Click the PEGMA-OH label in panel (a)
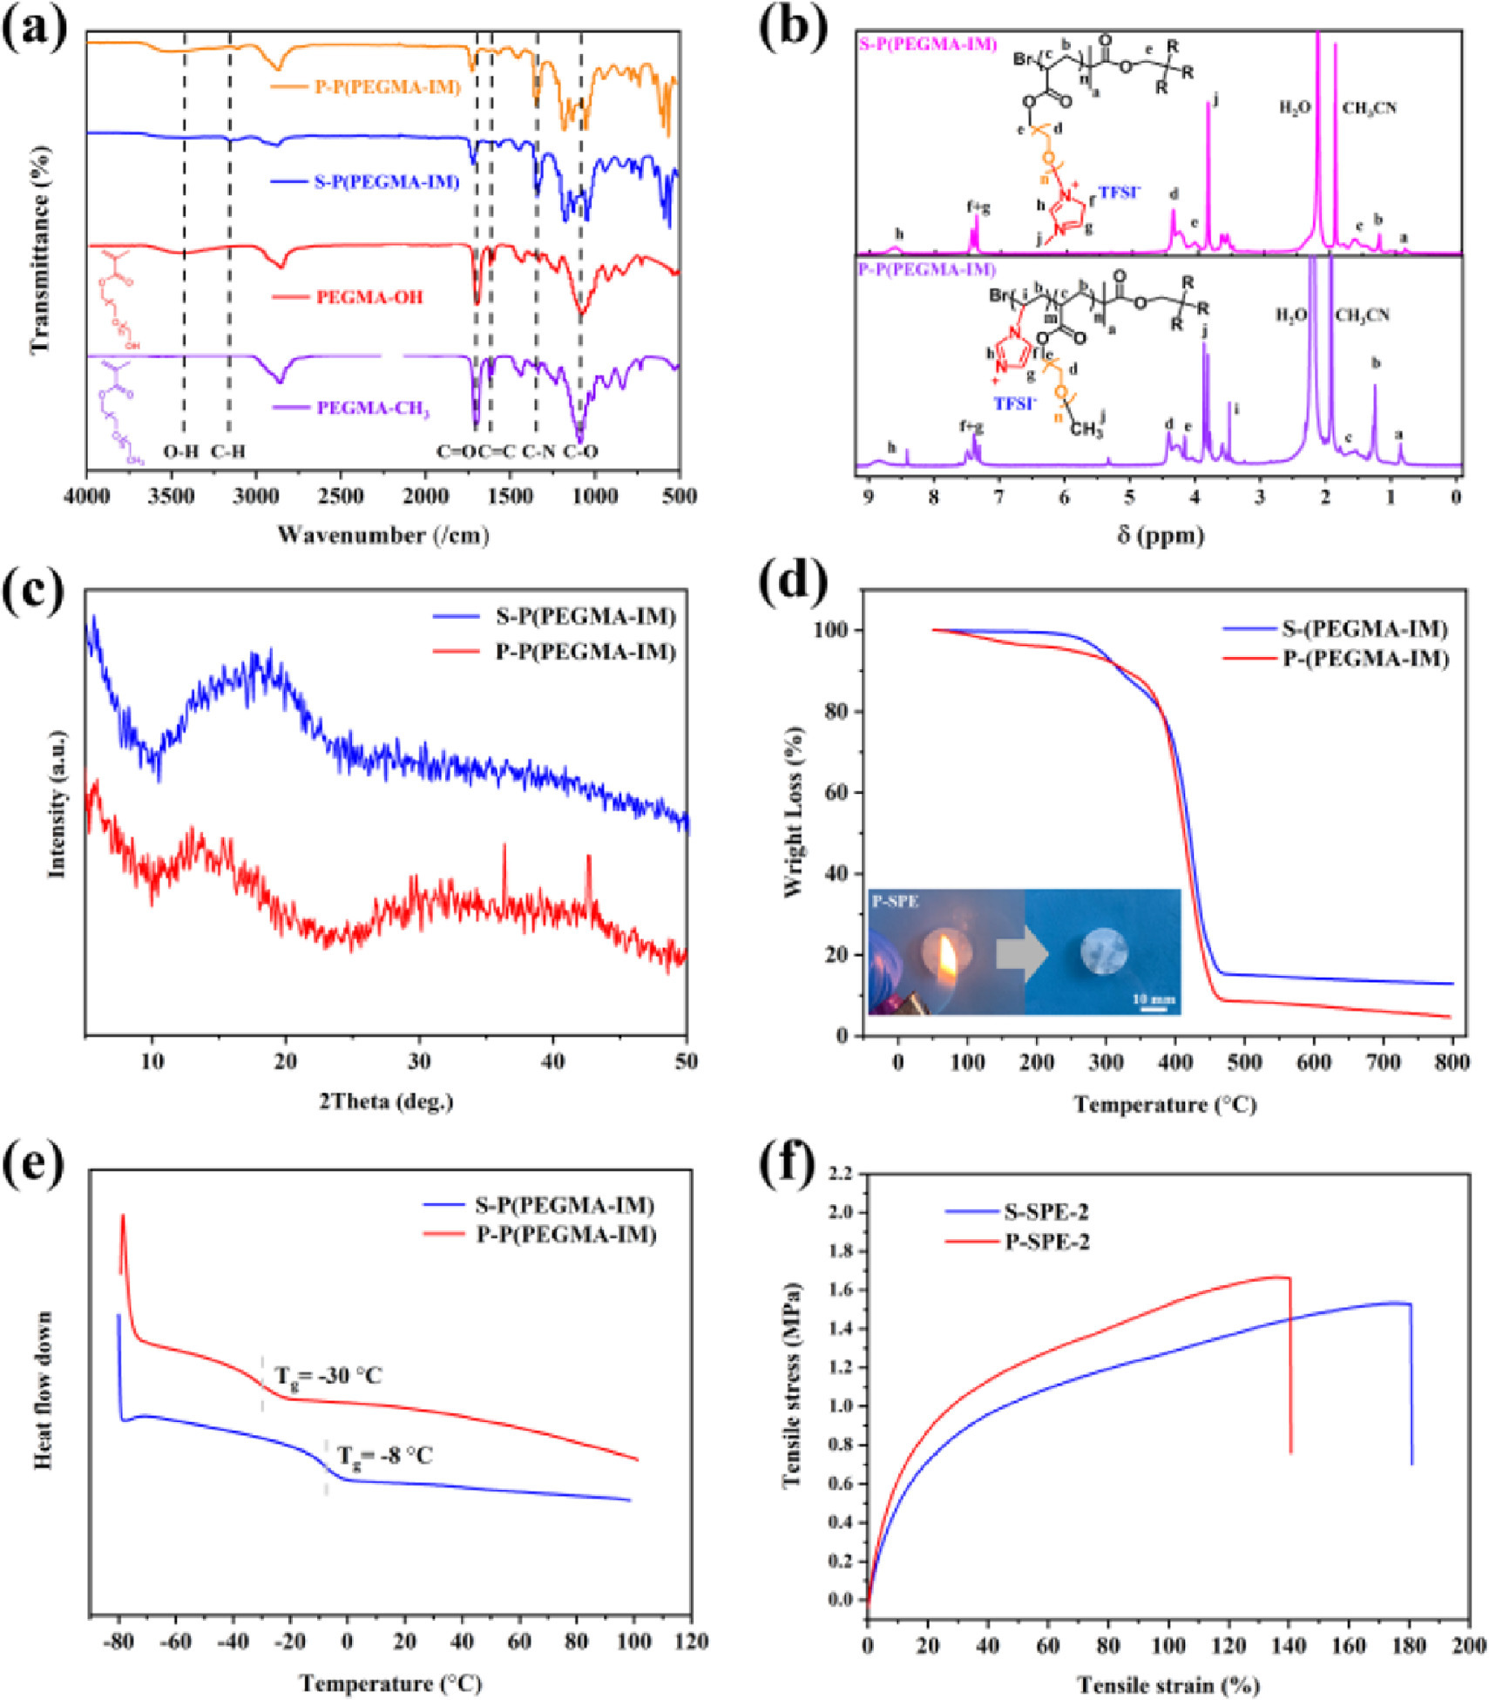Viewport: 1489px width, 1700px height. [x=369, y=297]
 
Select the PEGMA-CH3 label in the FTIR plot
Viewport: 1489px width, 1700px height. [x=373, y=409]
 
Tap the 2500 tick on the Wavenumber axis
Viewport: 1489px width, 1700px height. [x=340, y=497]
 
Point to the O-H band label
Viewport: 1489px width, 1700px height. [x=181, y=451]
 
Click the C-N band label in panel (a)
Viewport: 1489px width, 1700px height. [x=538, y=451]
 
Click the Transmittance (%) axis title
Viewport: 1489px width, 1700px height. [x=40, y=248]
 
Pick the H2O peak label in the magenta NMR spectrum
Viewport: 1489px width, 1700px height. [x=1295, y=108]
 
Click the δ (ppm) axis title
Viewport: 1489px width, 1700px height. [x=1161, y=534]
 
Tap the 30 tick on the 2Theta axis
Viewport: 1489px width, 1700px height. [x=419, y=1061]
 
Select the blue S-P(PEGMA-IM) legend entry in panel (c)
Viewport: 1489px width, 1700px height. [x=585, y=617]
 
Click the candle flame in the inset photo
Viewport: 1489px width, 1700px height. [x=947, y=954]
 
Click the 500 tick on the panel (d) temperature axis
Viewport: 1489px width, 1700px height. [x=1244, y=1062]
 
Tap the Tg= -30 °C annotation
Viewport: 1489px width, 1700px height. [x=328, y=1376]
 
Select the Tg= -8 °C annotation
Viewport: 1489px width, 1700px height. [x=384, y=1455]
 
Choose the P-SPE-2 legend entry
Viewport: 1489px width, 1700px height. [x=1046, y=1241]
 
